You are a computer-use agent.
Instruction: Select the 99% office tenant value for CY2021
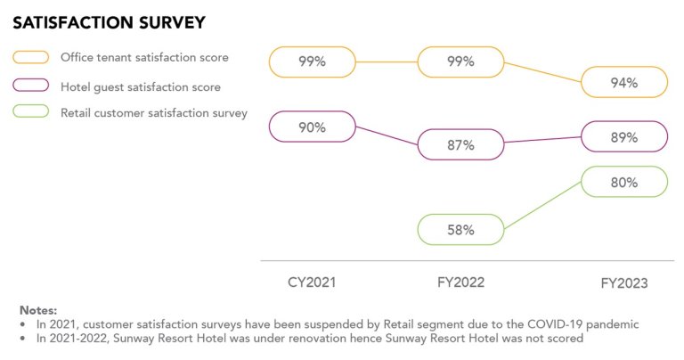tap(312, 61)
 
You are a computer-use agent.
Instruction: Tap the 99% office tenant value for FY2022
tap(460, 61)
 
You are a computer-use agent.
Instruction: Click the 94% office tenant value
tap(623, 83)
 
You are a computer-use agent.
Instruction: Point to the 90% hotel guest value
tap(312, 127)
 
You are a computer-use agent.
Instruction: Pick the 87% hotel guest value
tap(460, 144)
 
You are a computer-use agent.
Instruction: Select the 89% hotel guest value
tap(623, 137)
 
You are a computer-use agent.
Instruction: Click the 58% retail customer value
tap(460, 230)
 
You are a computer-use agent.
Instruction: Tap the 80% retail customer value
tap(623, 183)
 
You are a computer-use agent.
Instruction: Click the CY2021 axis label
tap(313, 282)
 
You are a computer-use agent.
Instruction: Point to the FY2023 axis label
tap(623, 283)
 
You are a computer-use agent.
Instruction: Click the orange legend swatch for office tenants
tap(30, 58)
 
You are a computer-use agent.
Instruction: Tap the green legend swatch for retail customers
tap(30, 113)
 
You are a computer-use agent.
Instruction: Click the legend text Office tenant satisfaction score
tap(144, 58)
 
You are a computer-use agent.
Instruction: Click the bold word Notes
tap(38, 309)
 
